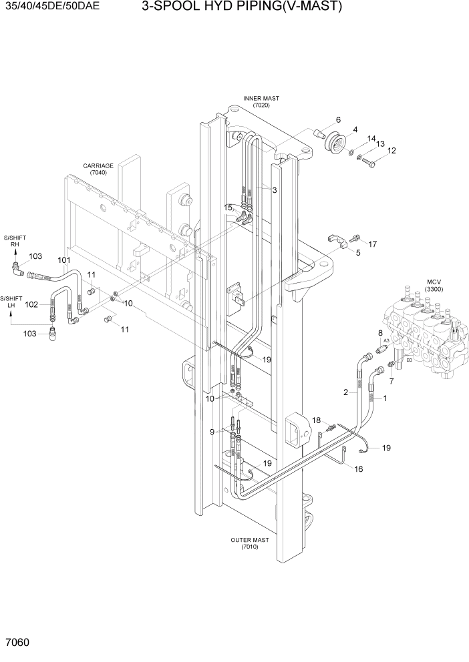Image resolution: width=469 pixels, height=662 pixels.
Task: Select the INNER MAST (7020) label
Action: coord(261,101)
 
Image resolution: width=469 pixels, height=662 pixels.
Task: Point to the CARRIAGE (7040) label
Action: coord(98,169)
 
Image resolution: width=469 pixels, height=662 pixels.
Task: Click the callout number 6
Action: coord(338,120)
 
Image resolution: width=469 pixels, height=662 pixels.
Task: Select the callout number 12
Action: coord(392,151)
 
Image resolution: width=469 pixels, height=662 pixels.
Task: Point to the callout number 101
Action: coord(64,260)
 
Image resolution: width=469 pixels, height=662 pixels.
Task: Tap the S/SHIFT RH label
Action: coord(15,241)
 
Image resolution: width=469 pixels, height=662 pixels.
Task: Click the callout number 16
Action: coord(358,469)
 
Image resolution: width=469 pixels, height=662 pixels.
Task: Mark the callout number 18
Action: coord(317,420)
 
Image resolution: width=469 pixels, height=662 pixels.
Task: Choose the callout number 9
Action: coord(212,432)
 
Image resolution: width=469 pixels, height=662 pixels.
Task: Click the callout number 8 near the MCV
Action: coord(380,332)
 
